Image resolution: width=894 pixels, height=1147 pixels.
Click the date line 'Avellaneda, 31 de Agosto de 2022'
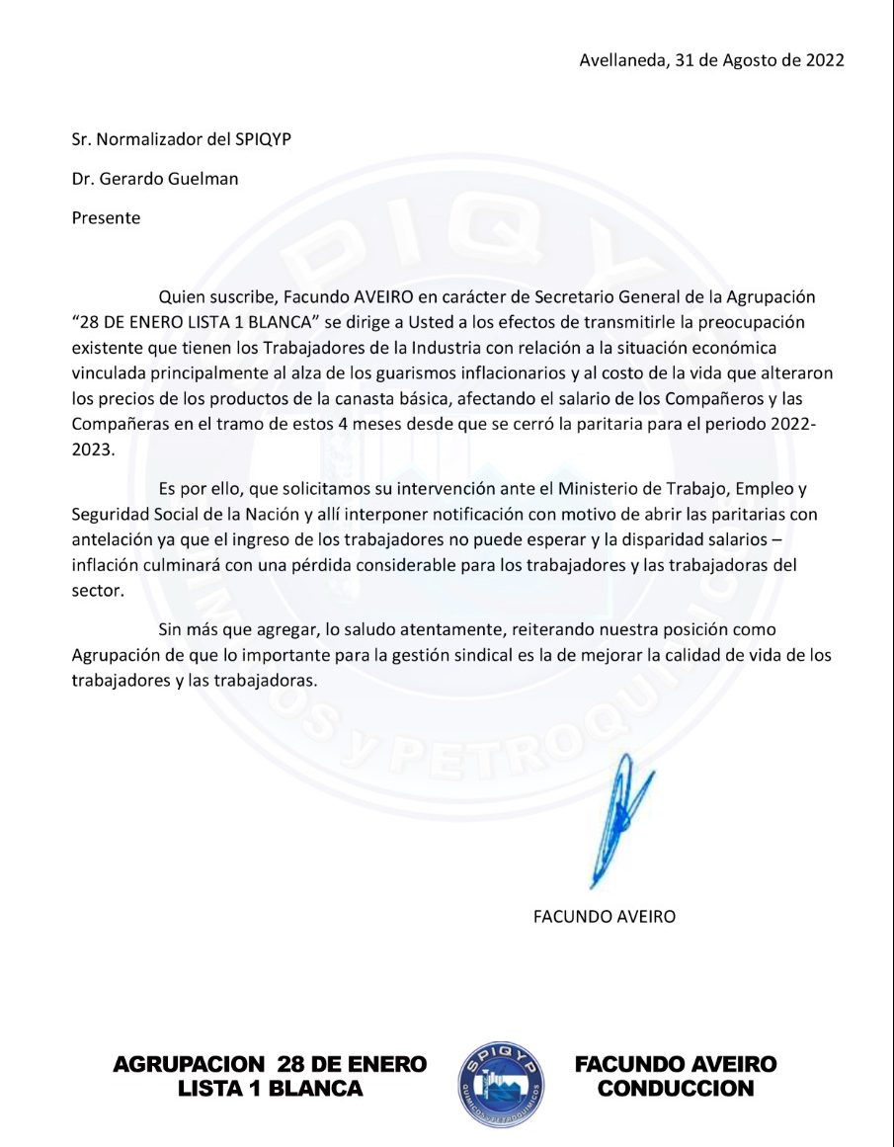[711, 60]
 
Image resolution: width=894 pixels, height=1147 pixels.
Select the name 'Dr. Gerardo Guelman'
[155, 179]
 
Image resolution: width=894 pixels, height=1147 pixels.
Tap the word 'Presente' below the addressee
[106, 218]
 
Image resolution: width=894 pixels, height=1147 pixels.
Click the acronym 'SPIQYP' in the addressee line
[264, 139]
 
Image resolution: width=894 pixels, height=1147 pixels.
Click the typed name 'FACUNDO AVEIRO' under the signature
[604, 916]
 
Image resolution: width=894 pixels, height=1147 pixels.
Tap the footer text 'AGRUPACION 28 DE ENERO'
[271, 1064]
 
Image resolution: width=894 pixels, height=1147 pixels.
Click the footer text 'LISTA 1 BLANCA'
[271, 1089]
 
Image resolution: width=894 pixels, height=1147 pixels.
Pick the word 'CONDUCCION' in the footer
[676, 1089]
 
